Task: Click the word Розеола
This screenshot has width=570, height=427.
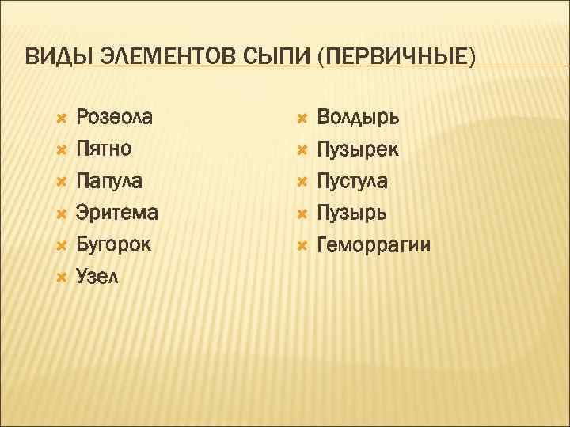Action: coord(115,118)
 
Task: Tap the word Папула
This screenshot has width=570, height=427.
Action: coord(109,181)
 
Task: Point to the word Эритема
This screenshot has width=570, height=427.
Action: coord(116,213)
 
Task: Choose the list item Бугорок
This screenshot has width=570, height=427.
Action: coord(113,244)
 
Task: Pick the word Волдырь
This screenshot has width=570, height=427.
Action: coord(358,118)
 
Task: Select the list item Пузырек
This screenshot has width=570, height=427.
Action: coord(358,149)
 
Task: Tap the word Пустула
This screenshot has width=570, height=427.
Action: coord(352,181)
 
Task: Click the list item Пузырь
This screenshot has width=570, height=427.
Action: coord(352,213)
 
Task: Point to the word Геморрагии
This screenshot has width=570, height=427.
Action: coord(374,245)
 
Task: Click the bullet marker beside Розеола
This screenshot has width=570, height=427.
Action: coord(61,119)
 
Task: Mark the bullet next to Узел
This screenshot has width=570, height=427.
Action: coord(61,277)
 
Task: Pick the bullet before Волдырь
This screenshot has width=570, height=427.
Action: coord(302,119)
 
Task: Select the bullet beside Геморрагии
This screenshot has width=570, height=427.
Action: coord(302,245)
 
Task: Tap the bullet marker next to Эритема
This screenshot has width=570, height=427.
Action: coord(61,213)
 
